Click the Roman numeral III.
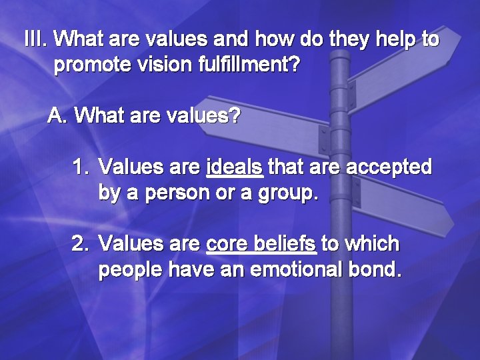35,39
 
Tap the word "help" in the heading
393,40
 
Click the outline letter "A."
59,116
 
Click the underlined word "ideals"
235,166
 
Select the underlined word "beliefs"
285,244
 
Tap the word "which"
375,244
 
